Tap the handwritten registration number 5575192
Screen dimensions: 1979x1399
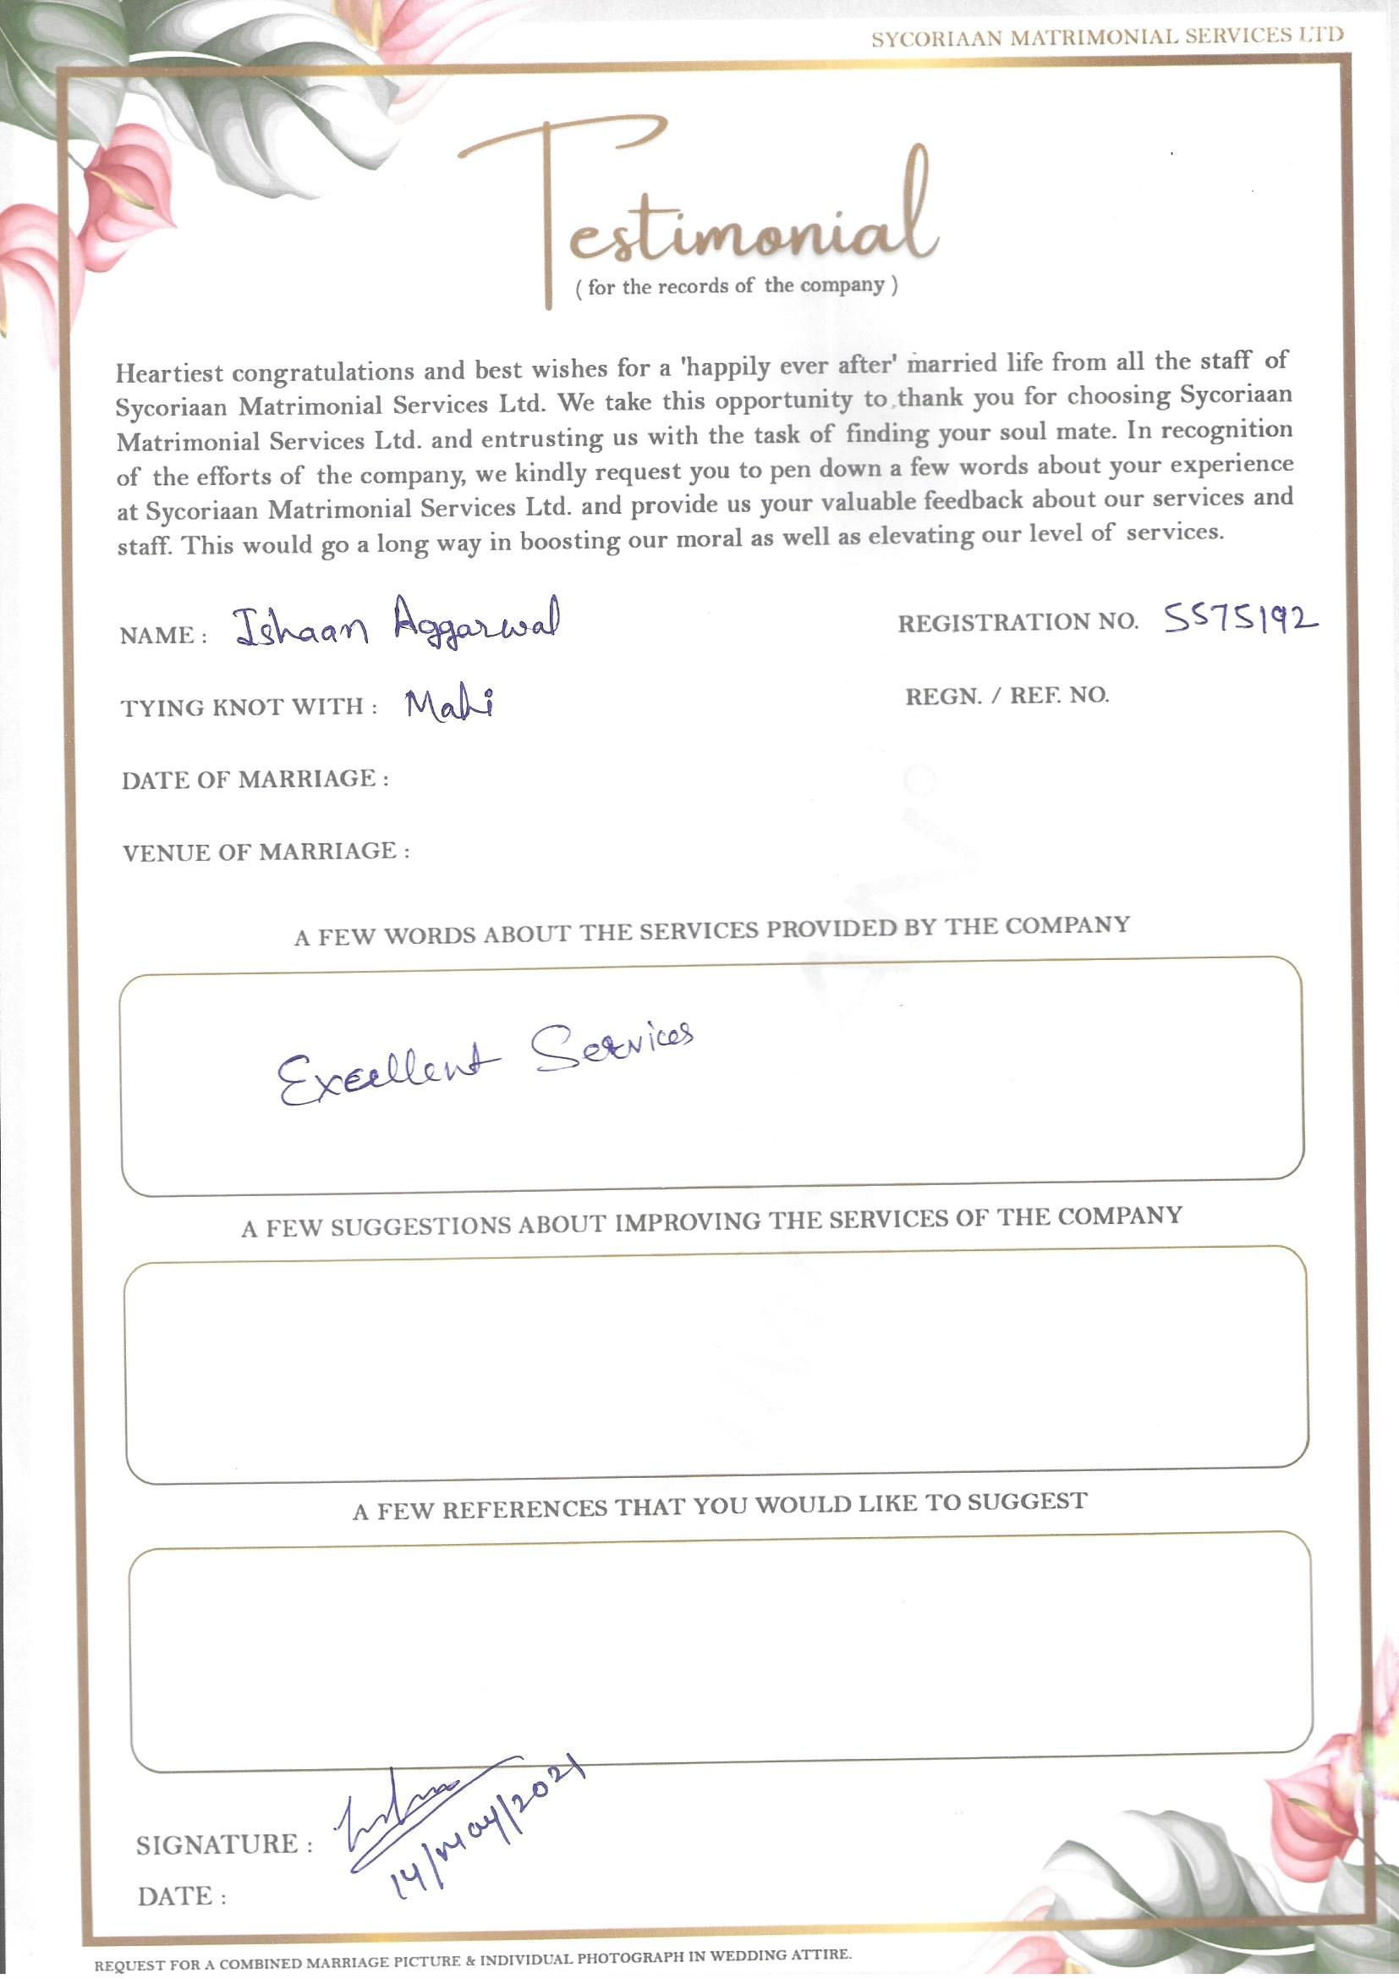(x=1241, y=619)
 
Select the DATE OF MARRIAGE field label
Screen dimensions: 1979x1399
(x=255, y=780)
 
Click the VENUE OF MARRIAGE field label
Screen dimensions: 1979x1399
(x=266, y=852)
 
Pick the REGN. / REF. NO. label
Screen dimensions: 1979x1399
(x=1007, y=696)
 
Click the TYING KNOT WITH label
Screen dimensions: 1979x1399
(x=249, y=708)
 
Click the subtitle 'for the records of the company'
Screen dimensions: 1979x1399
(x=737, y=286)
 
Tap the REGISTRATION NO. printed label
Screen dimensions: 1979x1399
(x=1018, y=622)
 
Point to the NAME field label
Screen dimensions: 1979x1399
(x=162, y=637)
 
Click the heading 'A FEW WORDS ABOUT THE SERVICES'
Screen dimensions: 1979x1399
(x=711, y=931)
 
